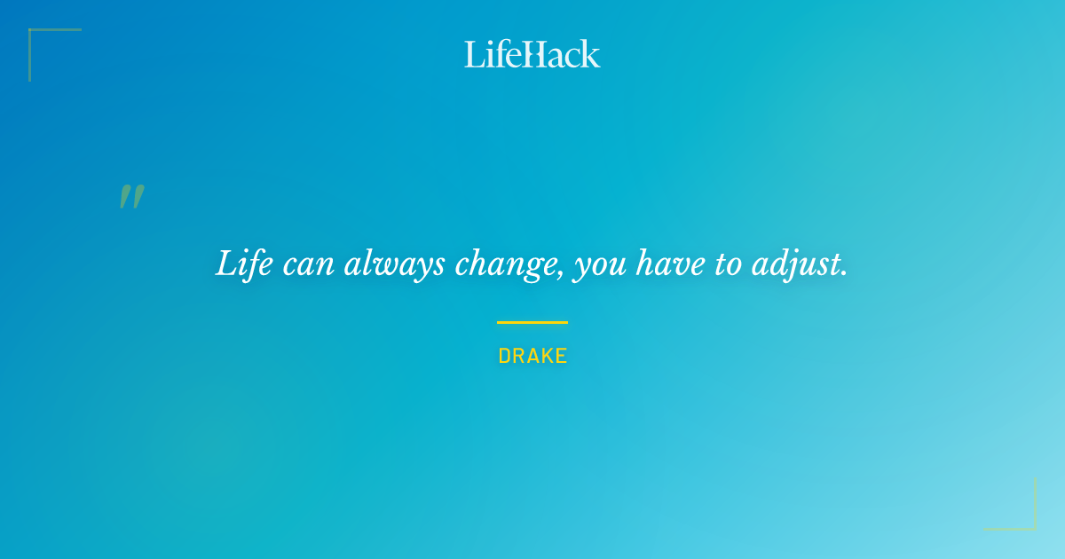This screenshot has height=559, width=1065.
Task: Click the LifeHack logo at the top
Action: pyautogui.click(x=532, y=54)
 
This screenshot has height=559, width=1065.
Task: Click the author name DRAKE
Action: pyautogui.click(x=532, y=357)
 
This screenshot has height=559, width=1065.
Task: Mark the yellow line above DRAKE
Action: pyautogui.click(x=532, y=322)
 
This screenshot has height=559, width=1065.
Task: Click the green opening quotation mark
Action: pyautogui.click(x=131, y=197)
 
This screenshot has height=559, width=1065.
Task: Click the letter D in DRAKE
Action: pyautogui.click(x=504, y=357)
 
